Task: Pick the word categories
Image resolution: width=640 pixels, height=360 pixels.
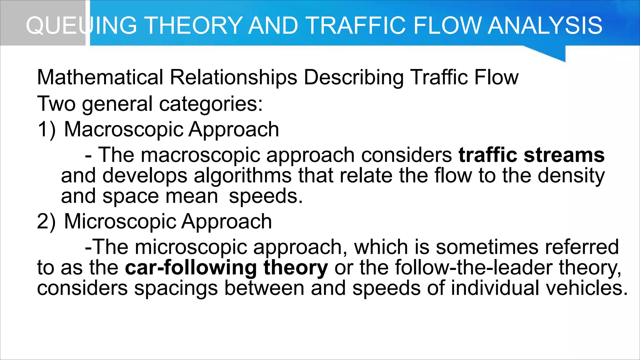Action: (x=211, y=104)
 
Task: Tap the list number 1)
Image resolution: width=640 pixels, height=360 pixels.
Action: (x=47, y=130)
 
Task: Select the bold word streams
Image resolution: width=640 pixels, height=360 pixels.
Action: (x=564, y=155)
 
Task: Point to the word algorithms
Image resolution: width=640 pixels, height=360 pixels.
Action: (x=242, y=176)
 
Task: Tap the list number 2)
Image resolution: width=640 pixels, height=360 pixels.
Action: (x=46, y=222)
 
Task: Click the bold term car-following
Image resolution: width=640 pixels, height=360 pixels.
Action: (x=191, y=268)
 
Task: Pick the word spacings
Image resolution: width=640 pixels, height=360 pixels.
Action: (x=176, y=288)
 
